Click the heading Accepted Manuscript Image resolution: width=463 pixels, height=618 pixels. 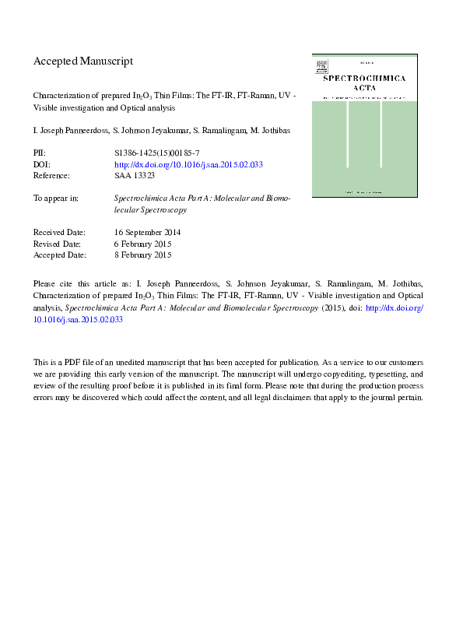[83, 61]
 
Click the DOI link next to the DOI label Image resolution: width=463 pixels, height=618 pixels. [188, 165]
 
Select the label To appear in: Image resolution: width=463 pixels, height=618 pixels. [56, 198]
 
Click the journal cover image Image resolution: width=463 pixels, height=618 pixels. [364, 125]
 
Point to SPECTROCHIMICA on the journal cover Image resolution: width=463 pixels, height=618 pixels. [365, 78]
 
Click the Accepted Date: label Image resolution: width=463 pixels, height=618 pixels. [59, 255]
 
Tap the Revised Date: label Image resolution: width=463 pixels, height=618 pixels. [58, 244]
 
